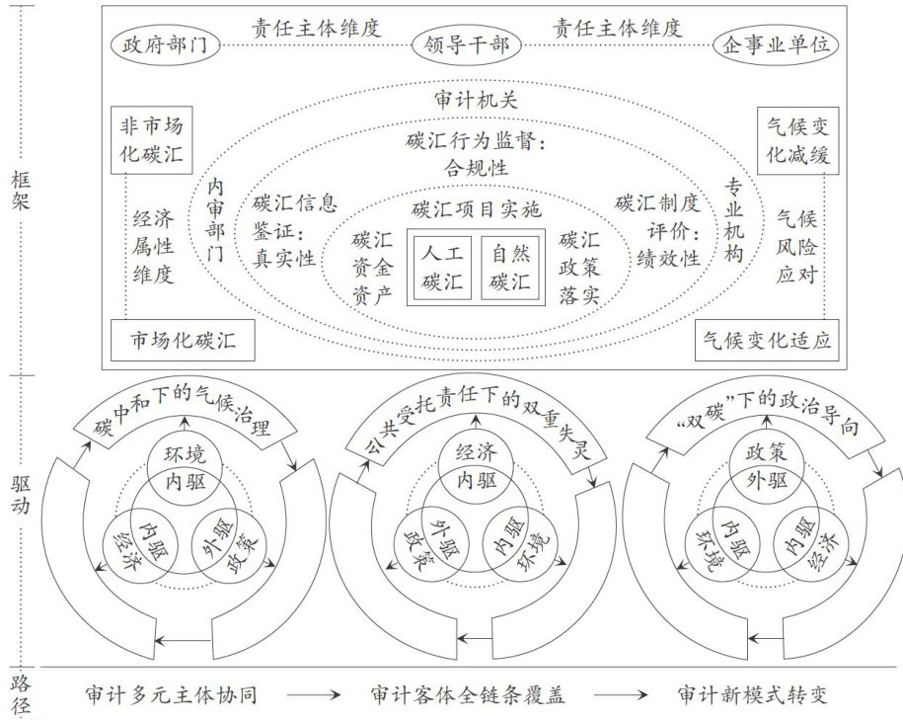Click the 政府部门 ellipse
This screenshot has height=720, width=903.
166,46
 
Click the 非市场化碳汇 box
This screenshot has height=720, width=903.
152,139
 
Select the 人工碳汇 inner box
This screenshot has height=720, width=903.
443,267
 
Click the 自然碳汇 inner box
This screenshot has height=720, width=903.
510,267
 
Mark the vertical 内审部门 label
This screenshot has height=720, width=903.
216,219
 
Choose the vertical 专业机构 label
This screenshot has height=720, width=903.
733,219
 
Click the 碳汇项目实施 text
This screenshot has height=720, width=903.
476,208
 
